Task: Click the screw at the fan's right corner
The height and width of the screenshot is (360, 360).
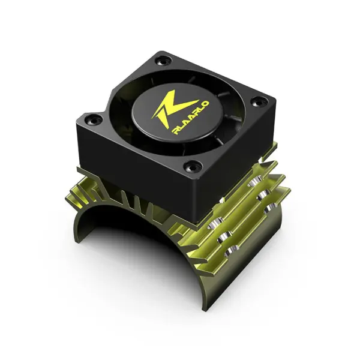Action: [256, 100]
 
